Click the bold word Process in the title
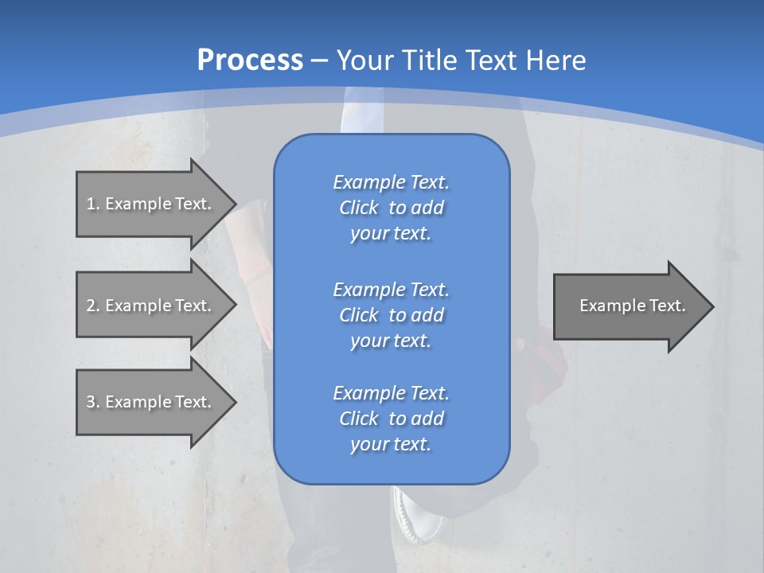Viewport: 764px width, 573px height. coord(250,60)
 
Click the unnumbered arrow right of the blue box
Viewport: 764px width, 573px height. coord(632,306)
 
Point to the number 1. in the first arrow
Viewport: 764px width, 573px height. coord(93,204)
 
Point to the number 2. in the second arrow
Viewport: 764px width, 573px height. coord(93,306)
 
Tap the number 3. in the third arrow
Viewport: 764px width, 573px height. coord(93,402)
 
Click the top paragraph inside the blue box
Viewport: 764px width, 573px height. coord(391,208)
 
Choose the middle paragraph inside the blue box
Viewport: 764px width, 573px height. coord(391,315)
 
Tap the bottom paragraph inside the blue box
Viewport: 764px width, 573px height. coord(391,419)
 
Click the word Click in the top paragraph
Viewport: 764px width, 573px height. coord(358,208)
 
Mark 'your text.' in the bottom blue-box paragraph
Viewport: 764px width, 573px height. coord(391,444)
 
